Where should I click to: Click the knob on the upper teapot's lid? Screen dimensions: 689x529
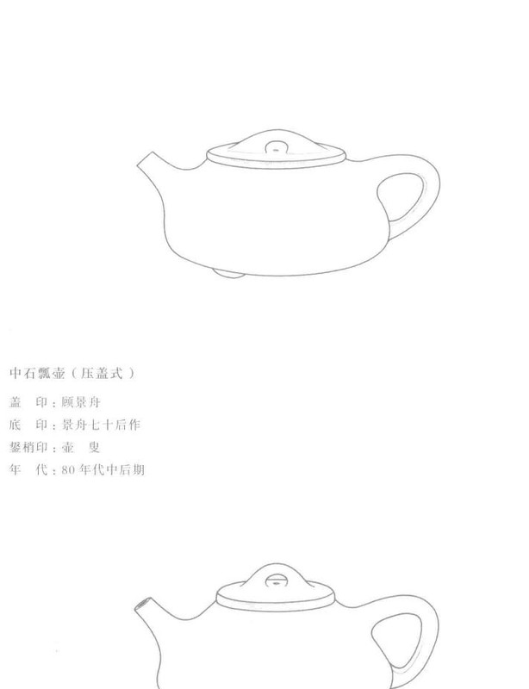coord(275,146)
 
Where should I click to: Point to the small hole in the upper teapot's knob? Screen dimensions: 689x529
coord(275,149)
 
